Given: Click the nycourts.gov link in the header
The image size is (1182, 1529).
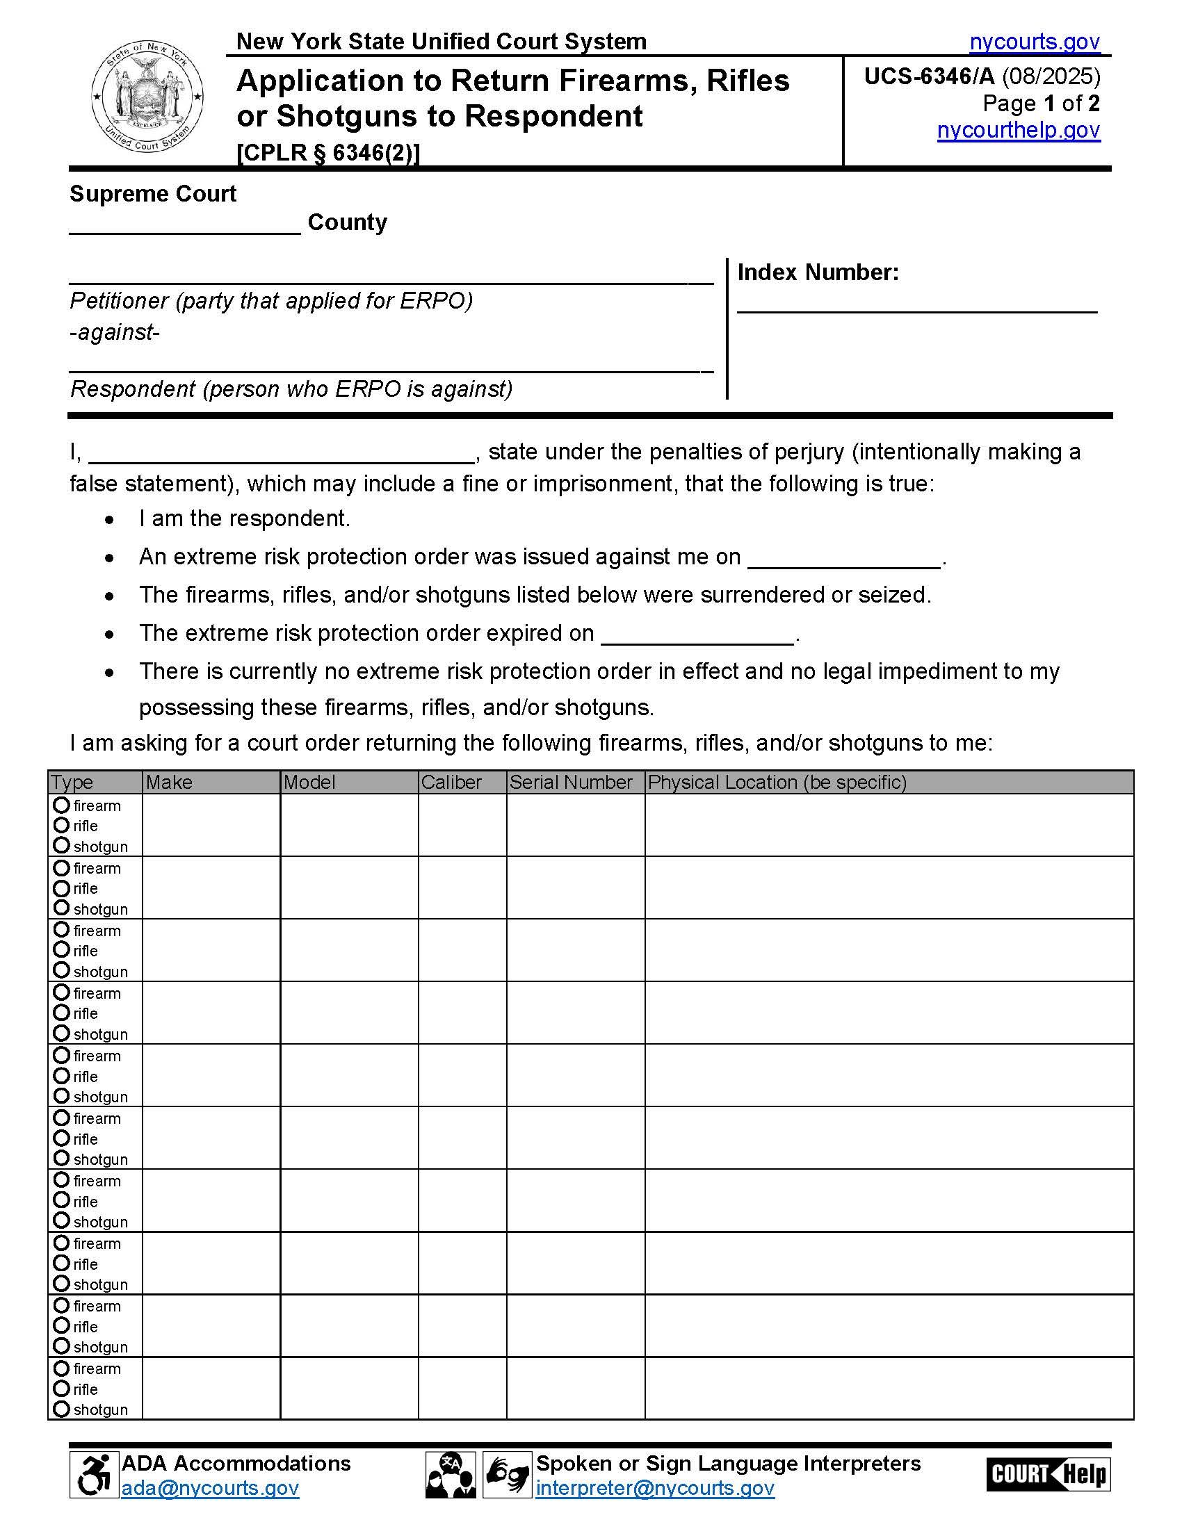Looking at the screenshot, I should pos(1035,42).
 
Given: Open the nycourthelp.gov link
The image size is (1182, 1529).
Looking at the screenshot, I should pos(1018,130).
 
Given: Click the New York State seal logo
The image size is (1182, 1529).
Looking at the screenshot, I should pos(147,96).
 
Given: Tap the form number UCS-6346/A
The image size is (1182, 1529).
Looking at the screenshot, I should pos(928,76).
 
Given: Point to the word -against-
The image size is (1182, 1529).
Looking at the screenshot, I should pos(115,332).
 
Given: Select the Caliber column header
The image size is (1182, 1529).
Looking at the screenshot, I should pos(452,782).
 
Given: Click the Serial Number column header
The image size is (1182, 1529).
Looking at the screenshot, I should pos(571,782).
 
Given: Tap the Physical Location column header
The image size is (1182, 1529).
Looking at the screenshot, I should pos(777,782).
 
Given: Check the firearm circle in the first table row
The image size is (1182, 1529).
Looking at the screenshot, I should pos(62,805).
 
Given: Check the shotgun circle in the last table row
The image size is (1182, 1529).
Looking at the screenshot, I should pos(62,1409).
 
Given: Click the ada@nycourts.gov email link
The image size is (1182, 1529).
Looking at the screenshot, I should pos(210,1489).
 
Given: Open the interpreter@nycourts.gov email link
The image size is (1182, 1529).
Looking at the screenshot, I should pos(655,1489).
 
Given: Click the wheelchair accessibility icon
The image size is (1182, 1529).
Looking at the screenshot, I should pos(94,1475).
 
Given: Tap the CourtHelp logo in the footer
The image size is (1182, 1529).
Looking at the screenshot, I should pos(1048,1474).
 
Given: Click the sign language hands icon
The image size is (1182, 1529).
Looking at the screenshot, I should pos(507,1475).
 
